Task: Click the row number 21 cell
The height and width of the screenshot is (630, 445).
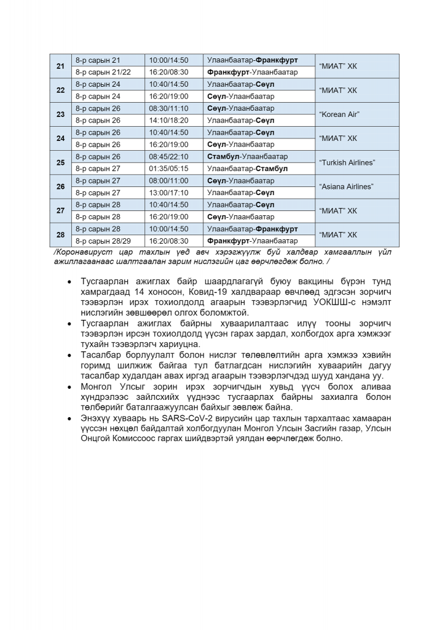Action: (60, 66)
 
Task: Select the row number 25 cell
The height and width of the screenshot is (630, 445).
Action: (60, 162)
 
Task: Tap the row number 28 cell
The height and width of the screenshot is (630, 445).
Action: (60, 234)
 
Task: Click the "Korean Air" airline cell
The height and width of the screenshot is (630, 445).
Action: (358, 114)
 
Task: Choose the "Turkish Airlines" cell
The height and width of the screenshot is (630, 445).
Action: (358, 162)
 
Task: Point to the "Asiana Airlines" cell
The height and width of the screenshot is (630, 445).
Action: (358, 186)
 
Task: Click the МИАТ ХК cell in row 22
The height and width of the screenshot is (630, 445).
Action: (358, 90)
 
